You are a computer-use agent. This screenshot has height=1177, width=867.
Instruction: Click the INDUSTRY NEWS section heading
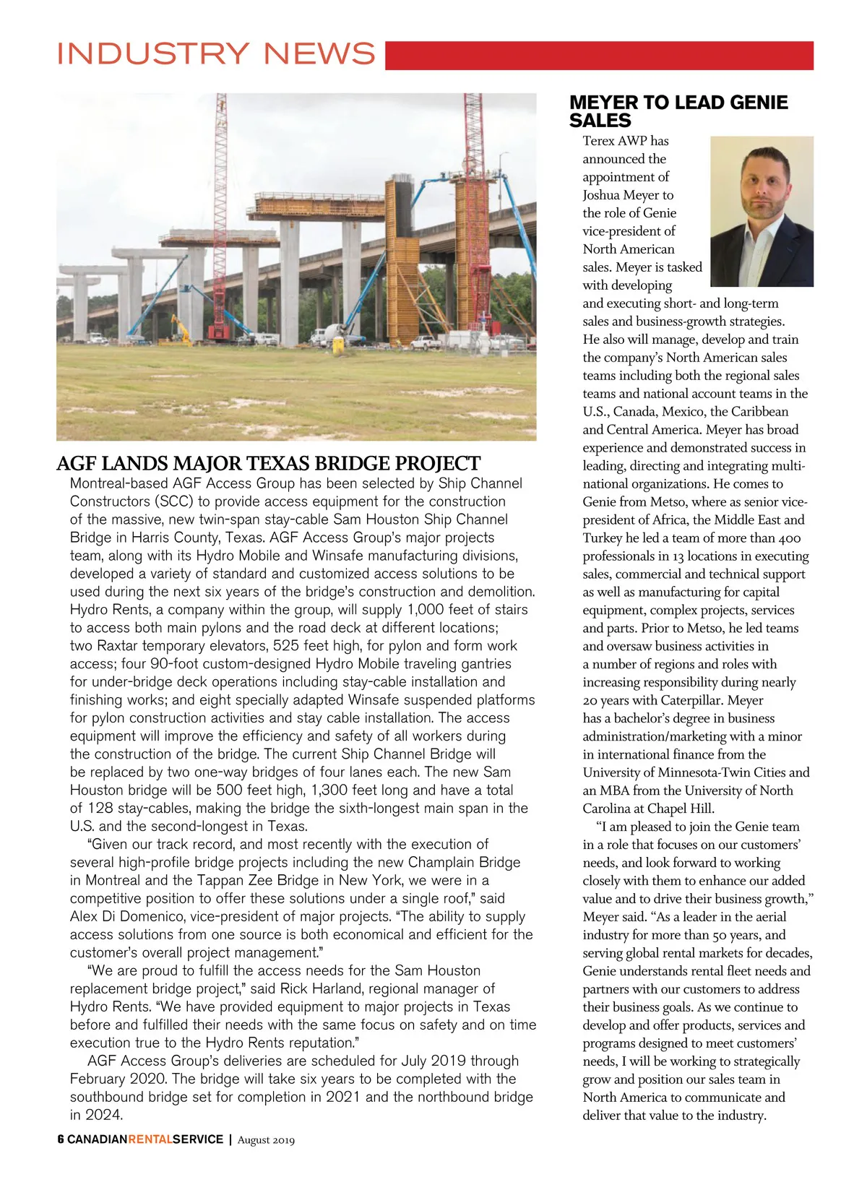[216, 54]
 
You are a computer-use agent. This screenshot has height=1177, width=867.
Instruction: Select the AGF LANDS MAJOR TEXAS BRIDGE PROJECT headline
[268, 463]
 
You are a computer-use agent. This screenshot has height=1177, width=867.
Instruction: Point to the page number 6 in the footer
[61, 1139]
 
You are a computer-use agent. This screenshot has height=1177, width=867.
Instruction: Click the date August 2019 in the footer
[266, 1140]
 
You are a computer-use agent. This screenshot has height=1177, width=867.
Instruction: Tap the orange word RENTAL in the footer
[150, 1139]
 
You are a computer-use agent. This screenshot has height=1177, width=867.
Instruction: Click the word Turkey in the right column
[603, 538]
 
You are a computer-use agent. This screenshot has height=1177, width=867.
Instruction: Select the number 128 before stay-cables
[100, 808]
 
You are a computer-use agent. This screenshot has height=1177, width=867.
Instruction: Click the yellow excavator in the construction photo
[181, 330]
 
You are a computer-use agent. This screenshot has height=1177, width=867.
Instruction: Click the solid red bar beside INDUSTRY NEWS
[599, 56]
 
